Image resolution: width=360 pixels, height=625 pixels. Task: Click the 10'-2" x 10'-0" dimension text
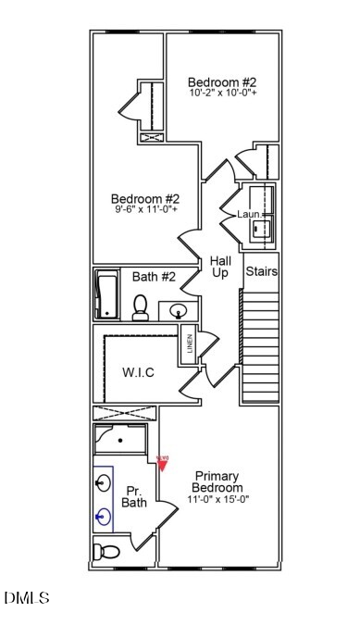pyautogui.click(x=222, y=93)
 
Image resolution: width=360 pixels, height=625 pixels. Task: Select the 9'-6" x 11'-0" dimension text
pyautogui.click(x=144, y=210)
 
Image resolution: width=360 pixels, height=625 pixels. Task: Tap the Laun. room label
pyautogui.click(x=247, y=214)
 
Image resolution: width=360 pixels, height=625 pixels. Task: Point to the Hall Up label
pyautogui.click(x=220, y=267)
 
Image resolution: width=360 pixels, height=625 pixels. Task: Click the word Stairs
pyautogui.click(x=261, y=272)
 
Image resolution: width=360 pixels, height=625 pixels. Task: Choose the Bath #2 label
pyautogui.click(x=154, y=276)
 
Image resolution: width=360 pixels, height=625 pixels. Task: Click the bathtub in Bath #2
pyautogui.click(x=106, y=294)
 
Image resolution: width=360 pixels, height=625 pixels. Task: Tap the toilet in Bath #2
pyautogui.click(x=141, y=306)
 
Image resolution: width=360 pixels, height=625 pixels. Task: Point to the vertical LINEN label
pyautogui.click(x=190, y=344)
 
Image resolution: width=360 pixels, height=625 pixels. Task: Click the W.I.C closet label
pyautogui.click(x=138, y=372)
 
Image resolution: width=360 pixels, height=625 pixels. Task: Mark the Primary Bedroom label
pyautogui.click(x=217, y=481)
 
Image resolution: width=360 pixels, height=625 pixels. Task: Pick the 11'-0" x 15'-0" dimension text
pyautogui.click(x=218, y=499)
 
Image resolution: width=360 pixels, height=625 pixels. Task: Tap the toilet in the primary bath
pyautogui.click(x=107, y=553)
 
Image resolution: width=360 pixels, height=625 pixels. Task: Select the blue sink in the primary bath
pyautogui.click(x=104, y=516)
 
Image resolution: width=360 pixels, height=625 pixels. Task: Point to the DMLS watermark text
pyautogui.click(x=27, y=598)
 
